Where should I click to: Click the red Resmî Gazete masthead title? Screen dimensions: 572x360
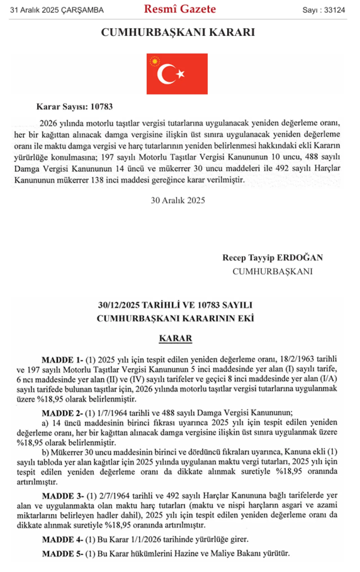[x=180, y=9]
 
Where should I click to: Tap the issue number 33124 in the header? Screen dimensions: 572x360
[x=334, y=10]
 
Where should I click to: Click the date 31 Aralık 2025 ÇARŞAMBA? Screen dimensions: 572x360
[x=57, y=10]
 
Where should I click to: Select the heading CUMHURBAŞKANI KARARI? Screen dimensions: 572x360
[x=178, y=32]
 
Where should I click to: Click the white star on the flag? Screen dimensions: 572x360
[x=180, y=74]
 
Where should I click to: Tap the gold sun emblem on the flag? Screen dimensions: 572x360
[x=155, y=61]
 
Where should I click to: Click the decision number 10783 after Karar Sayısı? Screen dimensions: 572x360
[x=102, y=107]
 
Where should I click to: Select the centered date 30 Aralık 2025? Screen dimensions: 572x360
[x=178, y=201]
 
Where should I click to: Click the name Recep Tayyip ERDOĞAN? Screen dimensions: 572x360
[x=273, y=258]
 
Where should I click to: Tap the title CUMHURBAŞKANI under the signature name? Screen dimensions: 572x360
[x=273, y=271]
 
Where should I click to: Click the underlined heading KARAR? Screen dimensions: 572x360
[x=175, y=338]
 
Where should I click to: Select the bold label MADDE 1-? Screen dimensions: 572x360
[x=62, y=360]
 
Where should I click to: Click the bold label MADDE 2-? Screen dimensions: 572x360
[x=62, y=413]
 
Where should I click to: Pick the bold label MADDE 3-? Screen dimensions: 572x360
[x=63, y=496]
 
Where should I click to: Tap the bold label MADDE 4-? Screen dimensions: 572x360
[x=63, y=540]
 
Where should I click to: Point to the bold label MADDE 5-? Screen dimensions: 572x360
[x=63, y=554]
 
